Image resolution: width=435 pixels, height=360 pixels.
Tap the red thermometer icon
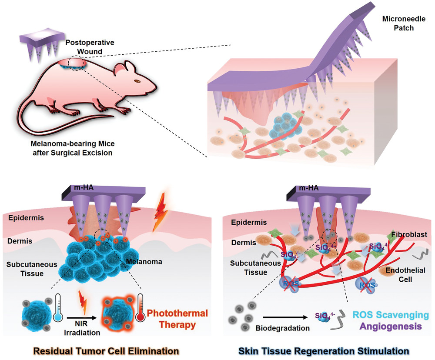point(140,309)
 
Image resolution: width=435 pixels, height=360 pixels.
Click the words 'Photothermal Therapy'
point(177,318)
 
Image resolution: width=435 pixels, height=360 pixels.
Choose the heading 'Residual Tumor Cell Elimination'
point(107,350)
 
